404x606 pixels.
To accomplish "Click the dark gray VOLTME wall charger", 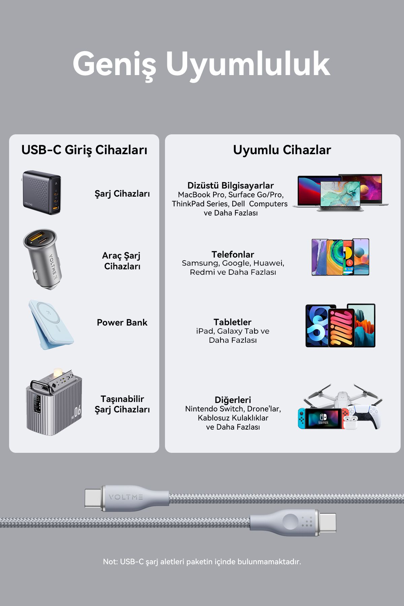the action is (42, 192).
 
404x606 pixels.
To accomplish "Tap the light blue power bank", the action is (50, 325).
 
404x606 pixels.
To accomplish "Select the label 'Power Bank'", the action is (122, 323).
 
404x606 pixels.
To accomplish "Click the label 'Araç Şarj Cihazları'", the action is (122, 261).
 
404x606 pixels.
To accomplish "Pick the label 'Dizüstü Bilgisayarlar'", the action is (231, 186).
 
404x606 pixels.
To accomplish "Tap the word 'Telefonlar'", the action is (233, 255).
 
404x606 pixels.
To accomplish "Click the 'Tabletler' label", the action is (233, 322).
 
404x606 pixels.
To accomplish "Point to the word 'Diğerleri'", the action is (233, 400).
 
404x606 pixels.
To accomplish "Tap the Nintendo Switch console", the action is (323, 418).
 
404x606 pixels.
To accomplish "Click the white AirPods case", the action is (350, 422).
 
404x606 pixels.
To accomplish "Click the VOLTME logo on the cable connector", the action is (126, 497).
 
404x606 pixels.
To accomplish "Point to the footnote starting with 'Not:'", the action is (202, 562).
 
